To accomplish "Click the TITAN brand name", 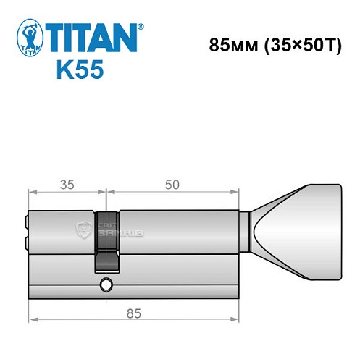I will pyautogui.click(x=93, y=37).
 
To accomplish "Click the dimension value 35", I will pyautogui.click(x=67, y=184).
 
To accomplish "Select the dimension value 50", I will pyautogui.click(x=172, y=184).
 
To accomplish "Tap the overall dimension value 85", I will pyautogui.click(x=134, y=313).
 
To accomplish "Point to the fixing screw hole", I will pyautogui.click(x=107, y=284).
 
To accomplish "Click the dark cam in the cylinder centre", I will pyautogui.click(x=106, y=243).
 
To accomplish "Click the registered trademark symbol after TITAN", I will pyautogui.click(x=140, y=25).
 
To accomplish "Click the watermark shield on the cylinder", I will pyautogui.click(x=80, y=231).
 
